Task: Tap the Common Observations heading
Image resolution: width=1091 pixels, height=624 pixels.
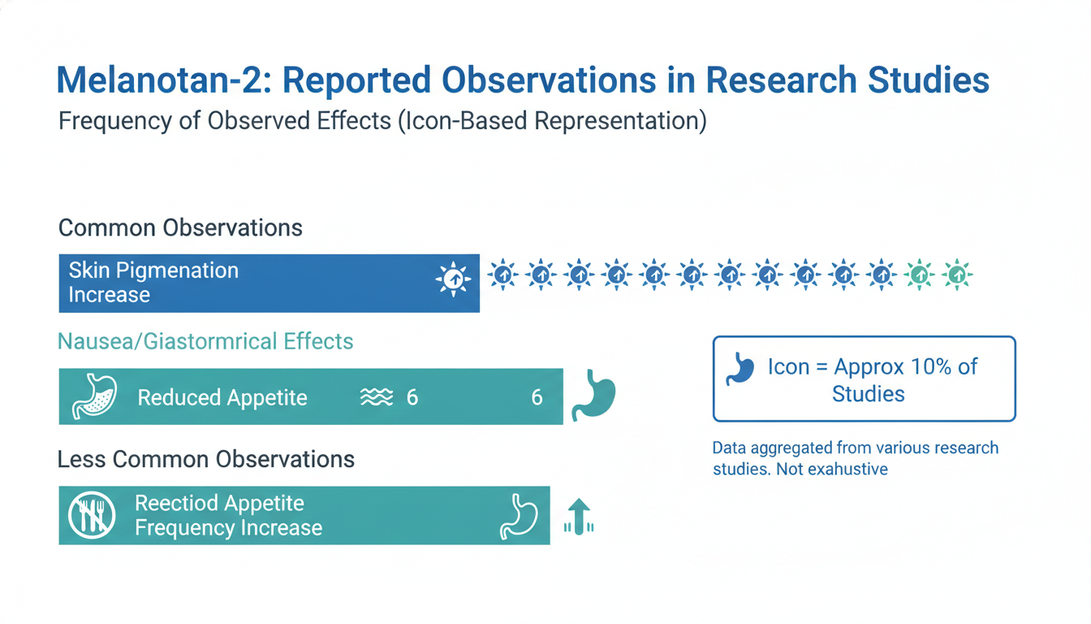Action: pyautogui.click(x=180, y=227)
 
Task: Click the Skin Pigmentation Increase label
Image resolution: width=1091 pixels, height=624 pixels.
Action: pyautogui.click(x=153, y=282)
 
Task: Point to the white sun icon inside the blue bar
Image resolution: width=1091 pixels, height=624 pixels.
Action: pyautogui.click(x=453, y=279)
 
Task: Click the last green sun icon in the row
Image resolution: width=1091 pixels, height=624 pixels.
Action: pyautogui.click(x=958, y=275)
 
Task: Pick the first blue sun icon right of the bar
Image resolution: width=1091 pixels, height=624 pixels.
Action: pyautogui.click(x=502, y=275)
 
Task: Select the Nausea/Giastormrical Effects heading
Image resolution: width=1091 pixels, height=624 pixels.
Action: pyautogui.click(x=205, y=340)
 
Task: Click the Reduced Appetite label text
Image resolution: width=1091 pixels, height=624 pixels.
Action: pyautogui.click(x=222, y=397)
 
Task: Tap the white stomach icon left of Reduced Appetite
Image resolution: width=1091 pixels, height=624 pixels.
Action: pyautogui.click(x=95, y=396)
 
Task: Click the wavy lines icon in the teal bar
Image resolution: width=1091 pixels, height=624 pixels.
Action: pyautogui.click(x=376, y=397)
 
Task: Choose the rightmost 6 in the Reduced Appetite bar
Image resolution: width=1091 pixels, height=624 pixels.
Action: pyautogui.click(x=537, y=397)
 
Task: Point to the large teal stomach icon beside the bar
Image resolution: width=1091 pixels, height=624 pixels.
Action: pyautogui.click(x=594, y=396)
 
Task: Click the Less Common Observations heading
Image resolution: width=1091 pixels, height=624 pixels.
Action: pyautogui.click(x=206, y=459)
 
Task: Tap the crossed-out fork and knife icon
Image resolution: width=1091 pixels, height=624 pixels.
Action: pyautogui.click(x=92, y=515)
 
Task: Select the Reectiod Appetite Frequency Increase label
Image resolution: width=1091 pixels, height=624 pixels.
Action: pyautogui.click(x=228, y=515)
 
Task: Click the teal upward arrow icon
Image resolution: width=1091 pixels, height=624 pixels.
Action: pyautogui.click(x=578, y=517)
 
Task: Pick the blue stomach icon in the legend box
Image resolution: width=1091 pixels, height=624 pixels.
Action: pyautogui.click(x=741, y=367)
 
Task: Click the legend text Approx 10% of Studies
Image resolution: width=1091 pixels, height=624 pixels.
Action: pyautogui.click(x=873, y=380)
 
